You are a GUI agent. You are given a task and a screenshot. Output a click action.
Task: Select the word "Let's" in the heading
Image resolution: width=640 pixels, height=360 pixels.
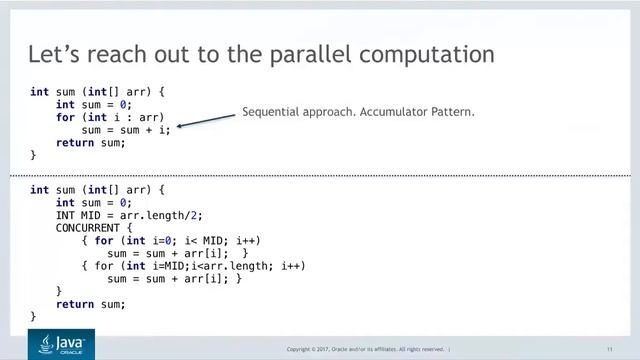point(51,53)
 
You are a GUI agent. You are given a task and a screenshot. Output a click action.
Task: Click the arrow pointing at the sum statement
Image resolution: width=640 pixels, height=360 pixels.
point(206,120)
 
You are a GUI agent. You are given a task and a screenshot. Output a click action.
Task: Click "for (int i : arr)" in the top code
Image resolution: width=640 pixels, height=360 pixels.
point(110,117)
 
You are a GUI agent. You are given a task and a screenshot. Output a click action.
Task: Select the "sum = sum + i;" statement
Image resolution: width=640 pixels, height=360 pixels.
point(126,130)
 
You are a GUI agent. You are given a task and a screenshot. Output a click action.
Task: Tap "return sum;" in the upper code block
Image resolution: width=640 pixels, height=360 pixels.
point(91,143)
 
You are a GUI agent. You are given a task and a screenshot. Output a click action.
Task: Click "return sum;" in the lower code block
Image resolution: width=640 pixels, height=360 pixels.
point(91,304)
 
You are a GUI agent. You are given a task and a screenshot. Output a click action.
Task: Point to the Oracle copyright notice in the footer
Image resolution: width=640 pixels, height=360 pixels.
point(366,349)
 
